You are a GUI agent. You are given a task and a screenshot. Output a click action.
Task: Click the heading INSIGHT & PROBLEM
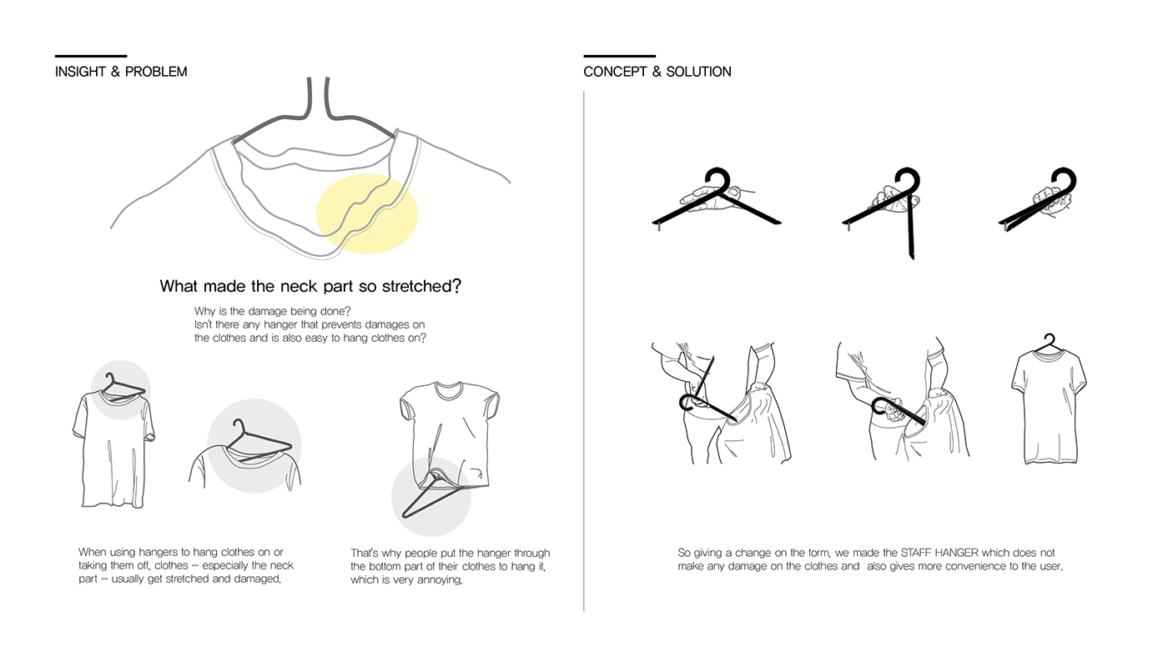click(121, 72)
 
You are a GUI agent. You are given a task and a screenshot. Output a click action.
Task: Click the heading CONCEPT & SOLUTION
click(657, 72)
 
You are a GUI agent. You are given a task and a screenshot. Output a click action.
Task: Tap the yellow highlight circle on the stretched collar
click(367, 213)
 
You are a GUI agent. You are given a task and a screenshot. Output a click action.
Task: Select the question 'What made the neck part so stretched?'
click(310, 287)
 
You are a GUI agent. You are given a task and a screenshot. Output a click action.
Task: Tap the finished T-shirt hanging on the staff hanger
click(1048, 409)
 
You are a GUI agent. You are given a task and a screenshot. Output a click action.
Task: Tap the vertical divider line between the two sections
click(584, 350)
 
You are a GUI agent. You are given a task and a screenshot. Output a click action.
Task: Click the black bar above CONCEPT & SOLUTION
click(619, 55)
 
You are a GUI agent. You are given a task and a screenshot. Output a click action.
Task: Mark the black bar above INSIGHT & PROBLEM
click(90, 55)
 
